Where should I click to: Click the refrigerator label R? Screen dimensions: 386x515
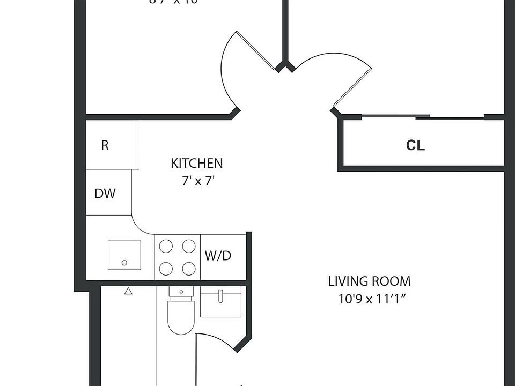pos(105,145)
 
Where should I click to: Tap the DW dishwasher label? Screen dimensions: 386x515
pos(105,194)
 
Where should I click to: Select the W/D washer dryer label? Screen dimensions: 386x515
pos(218,256)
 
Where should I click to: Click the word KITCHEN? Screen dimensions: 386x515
pos(196,163)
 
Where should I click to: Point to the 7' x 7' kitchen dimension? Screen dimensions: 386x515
pos(198,181)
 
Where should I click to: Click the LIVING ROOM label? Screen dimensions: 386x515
pos(369,281)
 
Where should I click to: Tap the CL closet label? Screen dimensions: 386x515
pos(416,145)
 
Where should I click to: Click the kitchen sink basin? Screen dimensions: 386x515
pos(124,255)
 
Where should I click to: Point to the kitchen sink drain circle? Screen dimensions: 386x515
pos(124,263)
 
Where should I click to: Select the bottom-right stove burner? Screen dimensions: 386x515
pos(188,268)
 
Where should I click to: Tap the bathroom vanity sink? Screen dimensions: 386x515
pos(220,302)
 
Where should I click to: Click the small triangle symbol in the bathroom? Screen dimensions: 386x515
pos(128,292)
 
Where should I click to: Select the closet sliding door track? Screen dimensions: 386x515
pos(424,116)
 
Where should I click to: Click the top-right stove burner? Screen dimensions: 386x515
pos(188,246)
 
